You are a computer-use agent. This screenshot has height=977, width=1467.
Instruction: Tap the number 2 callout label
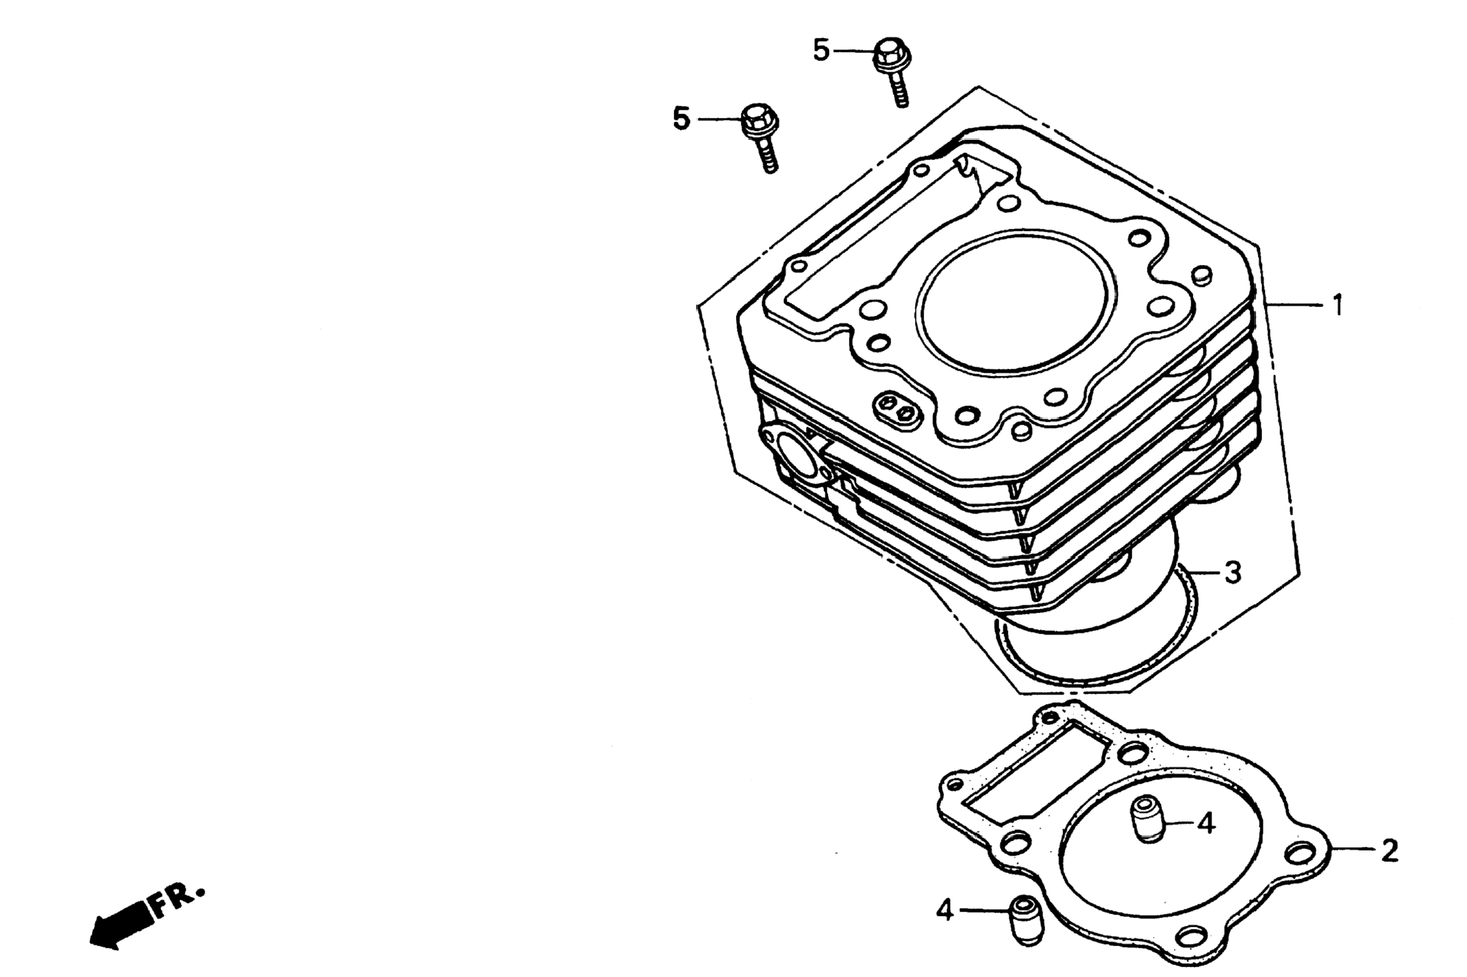pyautogui.click(x=1389, y=851)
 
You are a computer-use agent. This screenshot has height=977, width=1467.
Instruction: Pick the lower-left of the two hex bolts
pyautogui.click(x=761, y=137)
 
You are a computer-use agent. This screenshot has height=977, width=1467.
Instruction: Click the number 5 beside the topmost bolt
pyautogui.click(x=821, y=50)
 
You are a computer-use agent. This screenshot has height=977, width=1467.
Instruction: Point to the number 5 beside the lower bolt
pyautogui.click(x=681, y=118)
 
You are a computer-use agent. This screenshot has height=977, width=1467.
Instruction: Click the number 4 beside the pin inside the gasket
pyautogui.click(x=1206, y=825)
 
